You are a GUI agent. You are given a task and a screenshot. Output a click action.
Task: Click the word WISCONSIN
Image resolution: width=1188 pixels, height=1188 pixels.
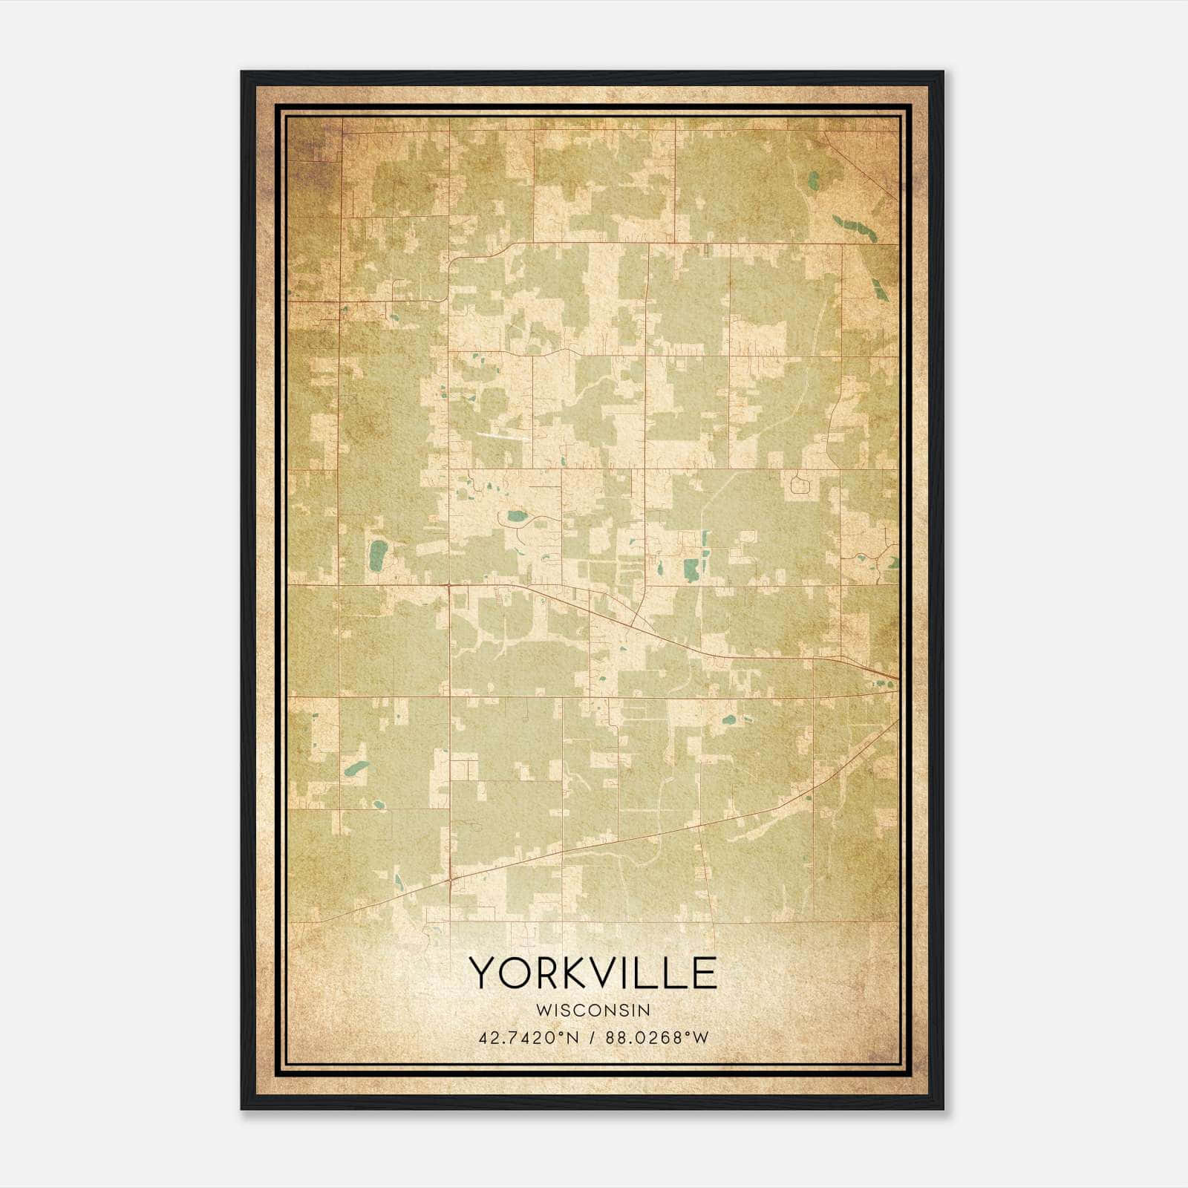593,1010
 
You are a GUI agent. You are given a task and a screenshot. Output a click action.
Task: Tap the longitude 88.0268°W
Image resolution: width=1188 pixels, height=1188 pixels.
656,1037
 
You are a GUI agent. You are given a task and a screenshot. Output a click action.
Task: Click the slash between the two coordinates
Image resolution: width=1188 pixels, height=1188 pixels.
591,1037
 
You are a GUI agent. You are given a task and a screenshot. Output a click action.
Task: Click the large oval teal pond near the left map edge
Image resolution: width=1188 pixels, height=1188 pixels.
379,555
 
